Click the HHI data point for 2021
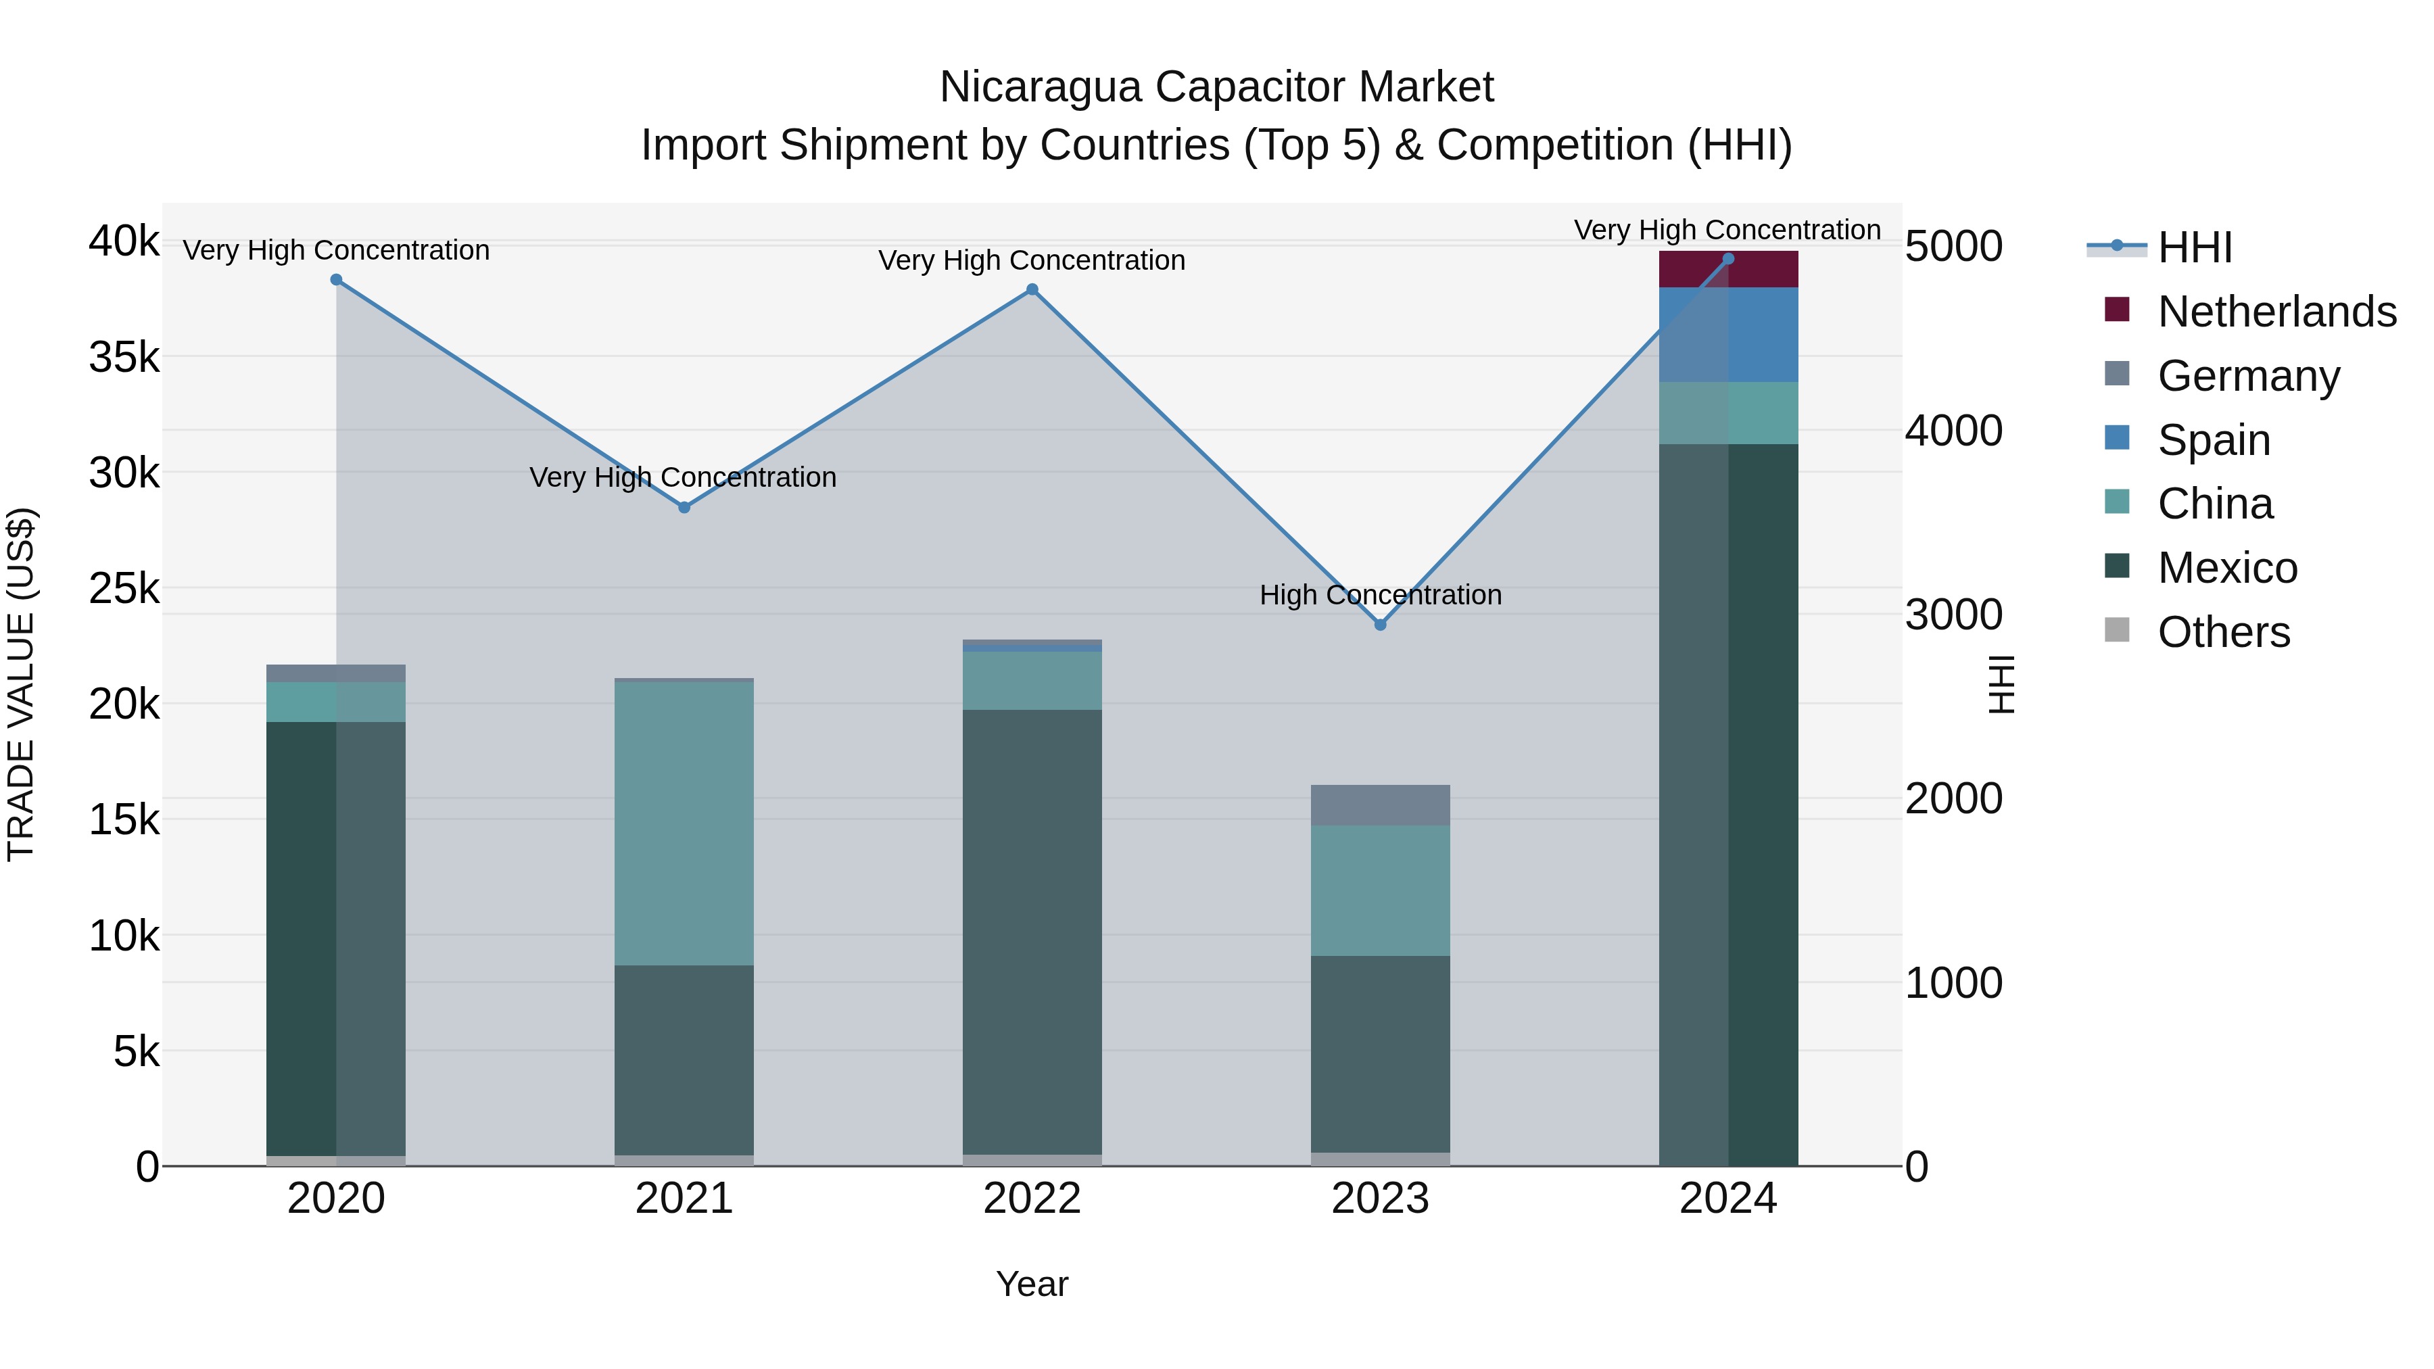coord(684,507)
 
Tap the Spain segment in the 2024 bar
coord(1728,335)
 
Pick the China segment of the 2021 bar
coord(684,823)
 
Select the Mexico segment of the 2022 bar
coord(1032,931)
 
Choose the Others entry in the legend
coord(2223,632)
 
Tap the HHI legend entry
coord(2194,247)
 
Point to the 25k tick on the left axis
coord(124,589)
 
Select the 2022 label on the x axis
coord(1032,1199)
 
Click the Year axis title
coord(1032,1284)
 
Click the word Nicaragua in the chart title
coord(1039,87)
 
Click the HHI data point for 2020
coord(337,280)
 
